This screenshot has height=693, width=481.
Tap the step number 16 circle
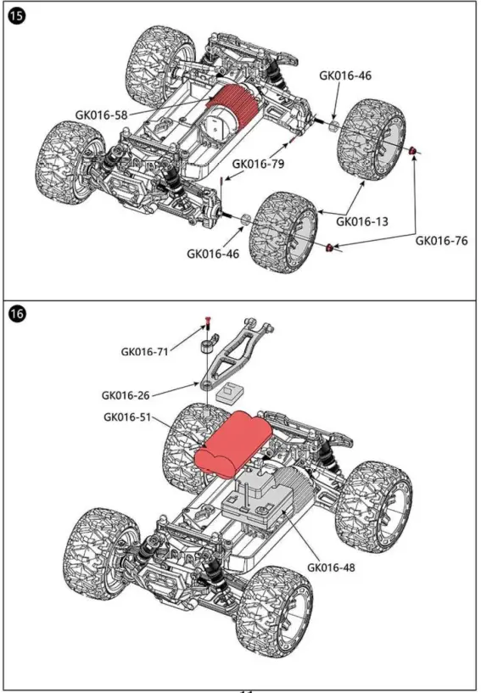17,313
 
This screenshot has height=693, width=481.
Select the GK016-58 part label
102,114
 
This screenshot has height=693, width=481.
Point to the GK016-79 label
259,164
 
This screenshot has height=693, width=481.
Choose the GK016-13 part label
362,221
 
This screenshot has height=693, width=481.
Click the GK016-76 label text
441,240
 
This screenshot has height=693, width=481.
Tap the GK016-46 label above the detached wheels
345,75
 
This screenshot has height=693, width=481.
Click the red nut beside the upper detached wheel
413,151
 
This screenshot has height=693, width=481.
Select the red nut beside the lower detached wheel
330,247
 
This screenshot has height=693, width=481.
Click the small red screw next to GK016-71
206,321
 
